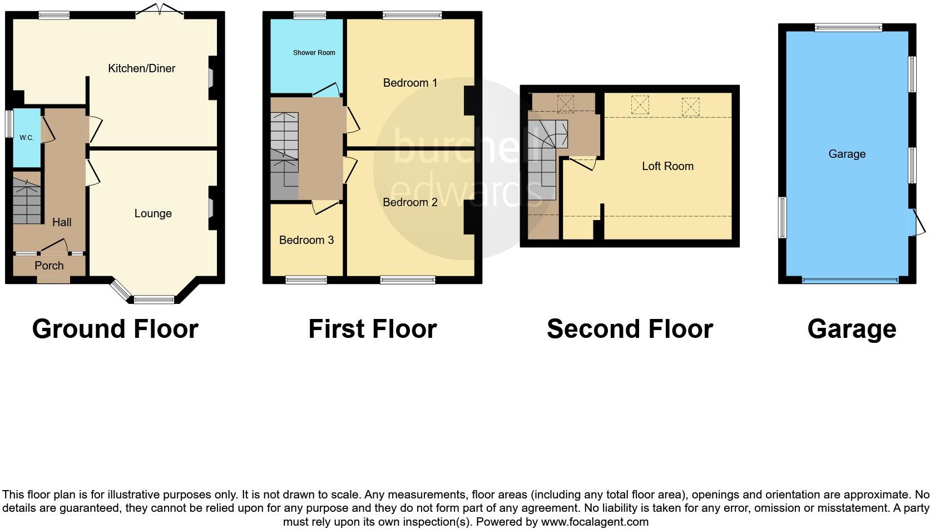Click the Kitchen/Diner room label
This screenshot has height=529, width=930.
(x=141, y=68)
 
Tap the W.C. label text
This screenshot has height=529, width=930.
(x=27, y=138)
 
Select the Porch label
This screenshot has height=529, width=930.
(x=49, y=266)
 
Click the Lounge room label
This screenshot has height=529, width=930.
(x=153, y=213)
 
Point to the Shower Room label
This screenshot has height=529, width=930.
(x=314, y=53)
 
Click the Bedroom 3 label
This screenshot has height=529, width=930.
(x=306, y=240)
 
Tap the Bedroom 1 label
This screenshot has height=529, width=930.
(x=410, y=83)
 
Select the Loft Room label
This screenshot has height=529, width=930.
(x=667, y=166)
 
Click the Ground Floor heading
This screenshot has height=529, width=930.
(x=115, y=329)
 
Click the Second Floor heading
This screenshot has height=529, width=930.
(x=630, y=329)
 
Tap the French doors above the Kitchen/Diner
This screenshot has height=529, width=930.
(x=160, y=9)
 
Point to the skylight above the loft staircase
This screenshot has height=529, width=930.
(x=565, y=103)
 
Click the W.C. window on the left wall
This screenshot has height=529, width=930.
(x=9, y=123)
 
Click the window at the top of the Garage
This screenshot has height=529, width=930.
(x=848, y=27)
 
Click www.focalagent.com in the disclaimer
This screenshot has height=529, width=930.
(x=595, y=522)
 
